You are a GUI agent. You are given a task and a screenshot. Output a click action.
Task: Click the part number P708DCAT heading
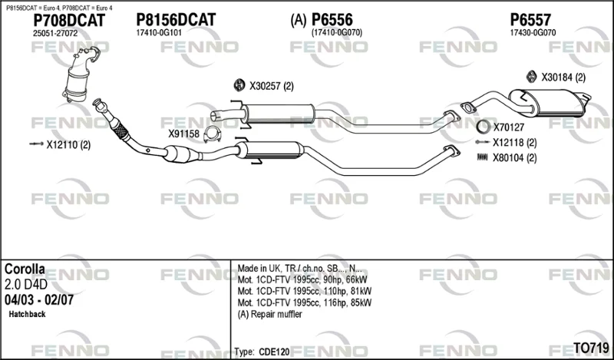pos(69,20)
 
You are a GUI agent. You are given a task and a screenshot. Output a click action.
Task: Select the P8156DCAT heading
pos(176,20)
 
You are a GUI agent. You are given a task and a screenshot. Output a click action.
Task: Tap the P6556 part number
pos(332,20)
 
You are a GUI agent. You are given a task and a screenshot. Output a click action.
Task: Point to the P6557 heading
pos(530,20)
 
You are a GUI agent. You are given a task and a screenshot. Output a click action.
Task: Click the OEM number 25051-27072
pos(55,34)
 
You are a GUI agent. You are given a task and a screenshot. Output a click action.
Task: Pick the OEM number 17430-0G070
pos(533,33)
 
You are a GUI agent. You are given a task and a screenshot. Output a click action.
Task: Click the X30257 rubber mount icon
pos(239,85)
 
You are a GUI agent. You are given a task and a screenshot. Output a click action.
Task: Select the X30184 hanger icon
pos(531,77)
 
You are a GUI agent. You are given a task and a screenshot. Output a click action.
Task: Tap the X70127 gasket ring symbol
pos(484,127)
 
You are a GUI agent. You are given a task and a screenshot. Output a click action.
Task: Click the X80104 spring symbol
pos(483,157)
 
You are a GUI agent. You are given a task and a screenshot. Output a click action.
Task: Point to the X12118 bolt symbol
pos(482,142)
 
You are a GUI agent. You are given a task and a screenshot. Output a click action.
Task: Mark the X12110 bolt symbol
pos(36,144)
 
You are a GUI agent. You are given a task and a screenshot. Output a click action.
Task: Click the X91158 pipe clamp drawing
pos(212,134)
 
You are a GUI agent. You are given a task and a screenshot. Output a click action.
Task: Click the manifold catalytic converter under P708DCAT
pos(81,74)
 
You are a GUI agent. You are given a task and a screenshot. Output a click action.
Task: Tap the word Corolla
pos(25,269)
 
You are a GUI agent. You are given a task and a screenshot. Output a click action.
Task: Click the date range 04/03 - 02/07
pos(39,300)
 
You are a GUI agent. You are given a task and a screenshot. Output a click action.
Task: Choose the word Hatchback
pos(27,314)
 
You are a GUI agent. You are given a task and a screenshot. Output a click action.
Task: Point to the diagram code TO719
pos(591,348)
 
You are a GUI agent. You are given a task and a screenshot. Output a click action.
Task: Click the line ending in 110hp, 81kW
pos(305,291)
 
